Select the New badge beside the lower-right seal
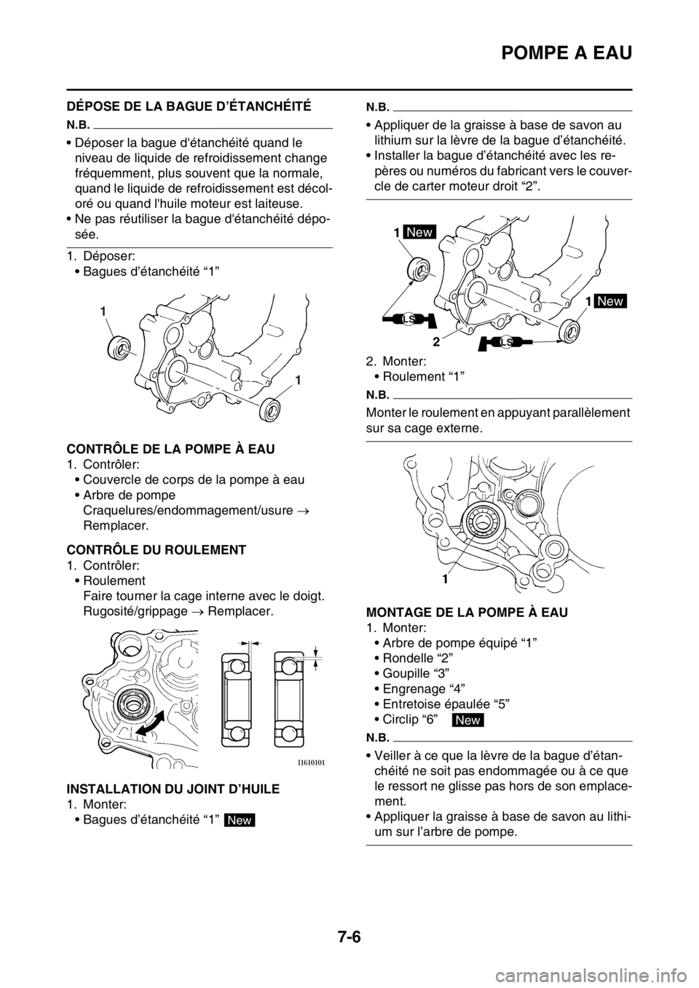[609, 301]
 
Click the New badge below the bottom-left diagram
[240, 820]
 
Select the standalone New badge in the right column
[467, 720]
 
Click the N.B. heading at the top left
[79, 122]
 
